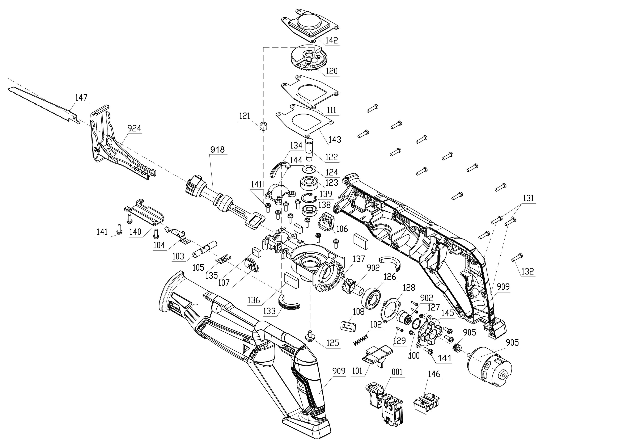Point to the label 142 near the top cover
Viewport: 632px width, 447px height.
coord(331,41)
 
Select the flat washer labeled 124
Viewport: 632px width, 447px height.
coord(309,169)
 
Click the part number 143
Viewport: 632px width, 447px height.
coord(335,139)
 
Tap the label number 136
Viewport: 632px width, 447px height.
coord(254,300)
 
